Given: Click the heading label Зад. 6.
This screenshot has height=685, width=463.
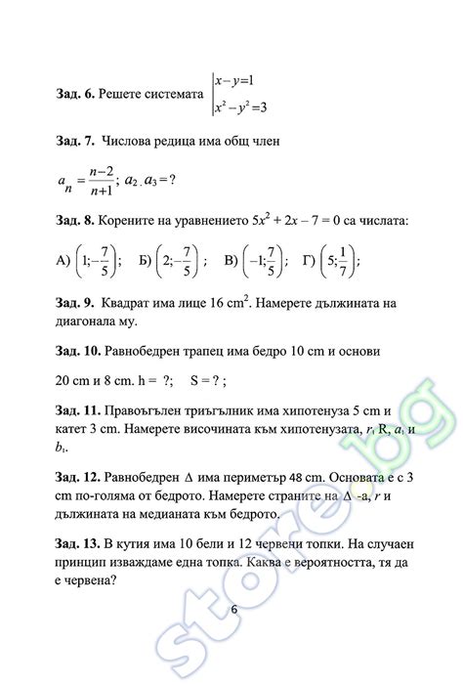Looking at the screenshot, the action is pyautogui.click(x=77, y=94).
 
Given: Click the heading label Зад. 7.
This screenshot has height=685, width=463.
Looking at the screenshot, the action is pyautogui.click(x=77, y=142).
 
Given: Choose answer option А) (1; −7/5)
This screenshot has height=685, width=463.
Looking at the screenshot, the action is pyautogui.click(x=88, y=261).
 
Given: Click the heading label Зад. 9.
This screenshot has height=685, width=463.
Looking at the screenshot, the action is pyautogui.click(x=77, y=304).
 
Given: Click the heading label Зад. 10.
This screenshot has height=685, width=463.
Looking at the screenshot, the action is pyautogui.click(x=80, y=350).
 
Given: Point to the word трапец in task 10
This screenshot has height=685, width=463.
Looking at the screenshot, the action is pyautogui.click(x=212, y=350).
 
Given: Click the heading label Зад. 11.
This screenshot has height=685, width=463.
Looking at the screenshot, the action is pyautogui.click(x=80, y=412).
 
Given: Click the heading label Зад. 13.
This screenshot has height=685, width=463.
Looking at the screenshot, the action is pyautogui.click(x=80, y=543).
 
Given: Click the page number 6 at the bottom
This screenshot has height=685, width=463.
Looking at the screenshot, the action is pyautogui.click(x=233, y=610).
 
